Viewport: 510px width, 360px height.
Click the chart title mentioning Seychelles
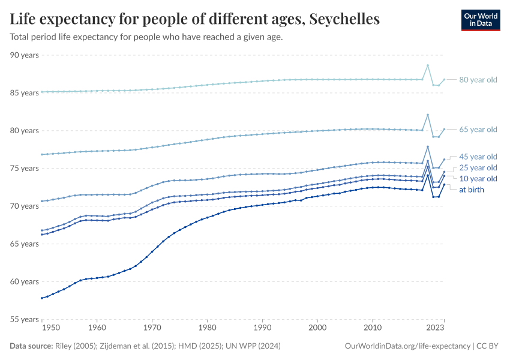(x=195, y=19)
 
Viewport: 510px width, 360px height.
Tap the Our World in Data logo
(x=480, y=20)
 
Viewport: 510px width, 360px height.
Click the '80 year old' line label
(x=478, y=80)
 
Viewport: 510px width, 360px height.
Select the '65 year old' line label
(x=478, y=130)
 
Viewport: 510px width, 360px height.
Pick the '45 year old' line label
(x=478, y=157)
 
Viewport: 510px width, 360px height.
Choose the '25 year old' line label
(x=478, y=168)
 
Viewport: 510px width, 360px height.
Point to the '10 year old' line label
(x=478, y=179)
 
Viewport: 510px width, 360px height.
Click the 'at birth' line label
(x=471, y=190)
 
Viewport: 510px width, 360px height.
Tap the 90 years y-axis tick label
(x=25, y=55)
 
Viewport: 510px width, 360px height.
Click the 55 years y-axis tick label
(x=25, y=319)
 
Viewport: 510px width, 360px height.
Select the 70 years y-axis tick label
(x=25, y=206)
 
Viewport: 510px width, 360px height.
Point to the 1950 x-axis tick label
(x=50, y=328)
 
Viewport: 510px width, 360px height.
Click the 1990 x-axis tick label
(x=262, y=328)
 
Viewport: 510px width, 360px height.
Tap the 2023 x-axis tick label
(x=436, y=328)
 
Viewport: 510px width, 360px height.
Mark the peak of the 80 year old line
(x=428, y=65)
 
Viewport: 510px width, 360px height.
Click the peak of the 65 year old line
(x=428, y=115)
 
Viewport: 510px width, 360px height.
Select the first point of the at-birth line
(x=41, y=298)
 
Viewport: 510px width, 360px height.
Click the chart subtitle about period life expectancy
(x=146, y=37)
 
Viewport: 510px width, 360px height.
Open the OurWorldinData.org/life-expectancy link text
(x=408, y=346)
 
